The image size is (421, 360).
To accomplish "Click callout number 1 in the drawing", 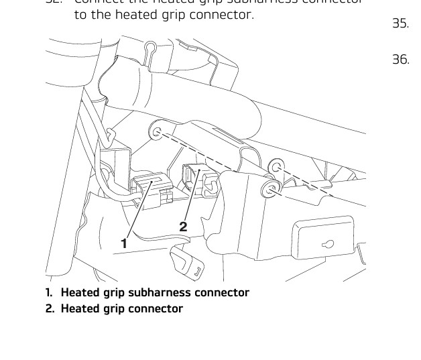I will (124, 243).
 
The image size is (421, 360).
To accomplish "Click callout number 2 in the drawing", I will (183, 227).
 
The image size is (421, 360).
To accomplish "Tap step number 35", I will (400, 24).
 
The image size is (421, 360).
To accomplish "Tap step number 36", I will (400, 60).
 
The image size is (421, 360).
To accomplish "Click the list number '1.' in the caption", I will (50, 293).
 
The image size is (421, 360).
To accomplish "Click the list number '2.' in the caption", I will (51, 308).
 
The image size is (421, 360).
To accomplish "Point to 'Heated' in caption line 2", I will (80, 308).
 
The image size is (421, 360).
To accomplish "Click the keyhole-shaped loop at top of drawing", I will (151, 48).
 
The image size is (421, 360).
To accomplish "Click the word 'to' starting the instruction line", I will (80, 13).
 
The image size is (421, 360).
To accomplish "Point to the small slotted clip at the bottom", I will (190, 267).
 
